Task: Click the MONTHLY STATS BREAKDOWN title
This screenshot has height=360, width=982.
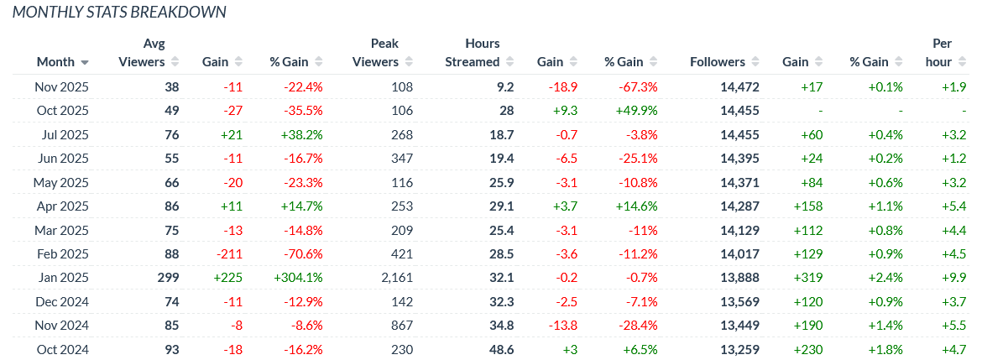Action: click(119, 13)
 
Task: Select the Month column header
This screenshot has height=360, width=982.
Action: click(55, 62)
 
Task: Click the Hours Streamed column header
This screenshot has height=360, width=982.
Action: click(472, 52)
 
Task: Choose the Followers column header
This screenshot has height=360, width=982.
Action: click(718, 62)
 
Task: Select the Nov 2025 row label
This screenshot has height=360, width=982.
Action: click(61, 86)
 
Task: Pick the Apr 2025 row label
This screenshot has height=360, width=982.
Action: click(61, 206)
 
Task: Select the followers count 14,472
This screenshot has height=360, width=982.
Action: click(724, 86)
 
